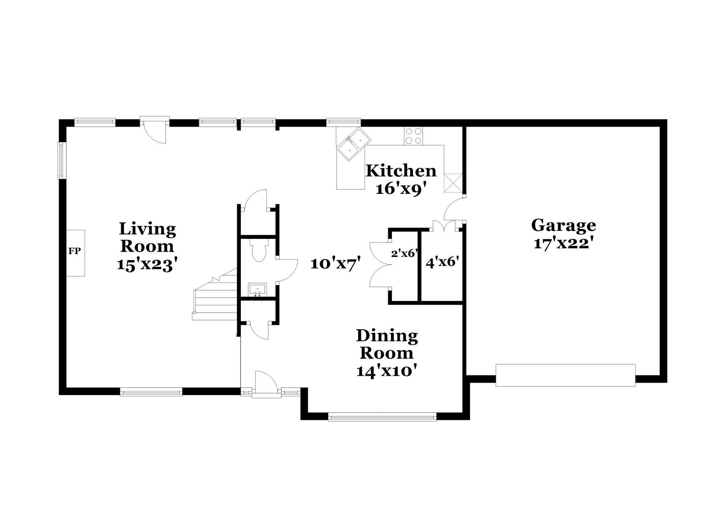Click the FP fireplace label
tap(74, 251)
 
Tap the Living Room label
tap(147, 237)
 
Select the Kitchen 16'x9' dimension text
tap(400, 189)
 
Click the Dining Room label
tap(387, 344)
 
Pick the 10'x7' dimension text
tap(336, 263)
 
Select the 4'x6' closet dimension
tap(443, 262)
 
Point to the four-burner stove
tap(414, 136)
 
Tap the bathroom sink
tap(257, 290)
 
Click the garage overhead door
tap(565, 375)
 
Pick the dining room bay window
tap(382, 417)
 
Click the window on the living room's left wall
tap(61, 160)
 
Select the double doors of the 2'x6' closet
tap(379, 264)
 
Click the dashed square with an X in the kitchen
tap(453, 183)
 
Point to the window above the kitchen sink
tap(344, 122)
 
